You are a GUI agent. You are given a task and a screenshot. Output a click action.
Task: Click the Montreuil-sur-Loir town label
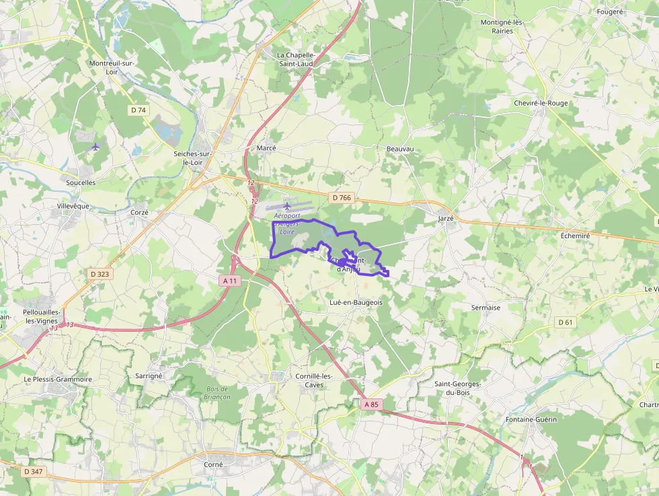tap(112, 67)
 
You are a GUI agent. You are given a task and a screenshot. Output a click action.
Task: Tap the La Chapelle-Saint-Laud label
tap(296, 59)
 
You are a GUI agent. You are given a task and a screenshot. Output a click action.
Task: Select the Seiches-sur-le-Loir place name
tap(193, 158)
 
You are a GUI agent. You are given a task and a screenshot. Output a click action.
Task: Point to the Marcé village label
tap(266, 148)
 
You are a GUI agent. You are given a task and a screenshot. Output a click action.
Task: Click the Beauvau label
tap(400, 148)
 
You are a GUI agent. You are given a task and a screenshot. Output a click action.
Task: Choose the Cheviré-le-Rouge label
tap(541, 103)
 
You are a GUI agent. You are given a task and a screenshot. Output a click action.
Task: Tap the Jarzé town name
tap(446, 219)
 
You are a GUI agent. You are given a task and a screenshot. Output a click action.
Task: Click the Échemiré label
tap(575, 236)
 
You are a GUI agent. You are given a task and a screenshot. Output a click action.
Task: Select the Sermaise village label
tap(486, 308)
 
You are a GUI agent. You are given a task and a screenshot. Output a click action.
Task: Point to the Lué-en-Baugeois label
tap(356, 303)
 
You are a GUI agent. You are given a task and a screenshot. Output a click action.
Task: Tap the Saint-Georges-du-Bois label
tap(457, 388)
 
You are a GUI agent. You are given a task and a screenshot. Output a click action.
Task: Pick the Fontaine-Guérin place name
tap(531, 419)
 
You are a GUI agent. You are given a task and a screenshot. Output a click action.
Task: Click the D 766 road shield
tap(342, 198)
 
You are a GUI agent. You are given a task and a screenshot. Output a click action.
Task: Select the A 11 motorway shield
tap(230, 280)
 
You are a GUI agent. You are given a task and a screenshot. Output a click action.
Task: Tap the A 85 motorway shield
tap(371, 404)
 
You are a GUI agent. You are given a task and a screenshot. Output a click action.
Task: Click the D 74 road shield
tap(139, 110)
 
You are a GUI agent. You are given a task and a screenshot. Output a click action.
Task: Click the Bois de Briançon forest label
tap(218, 393)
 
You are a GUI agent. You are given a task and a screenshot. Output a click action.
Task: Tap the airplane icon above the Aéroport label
tap(287, 205)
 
